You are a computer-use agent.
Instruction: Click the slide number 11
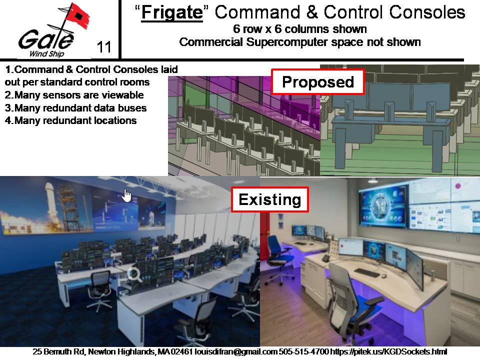pos(104,47)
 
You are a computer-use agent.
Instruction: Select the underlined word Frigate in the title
pos(172,12)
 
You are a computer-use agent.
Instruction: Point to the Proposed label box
pos(318,81)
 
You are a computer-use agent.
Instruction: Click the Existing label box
pos(269,199)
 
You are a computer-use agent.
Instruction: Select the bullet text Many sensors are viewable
pos(79,95)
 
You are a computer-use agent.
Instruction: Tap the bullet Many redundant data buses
pos(80,108)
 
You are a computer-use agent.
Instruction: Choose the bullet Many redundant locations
pos(75,120)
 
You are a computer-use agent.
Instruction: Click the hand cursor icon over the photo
pos(126,195)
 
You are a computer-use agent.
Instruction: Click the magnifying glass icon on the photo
pos(134,274)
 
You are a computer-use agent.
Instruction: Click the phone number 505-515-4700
pos(303,351)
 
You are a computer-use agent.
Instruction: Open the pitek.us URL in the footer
pos(388,351)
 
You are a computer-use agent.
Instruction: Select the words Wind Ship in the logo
pos(46,54)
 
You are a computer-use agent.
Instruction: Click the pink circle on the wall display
pos(458,186)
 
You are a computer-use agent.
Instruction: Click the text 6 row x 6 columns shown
pos(299,29)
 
